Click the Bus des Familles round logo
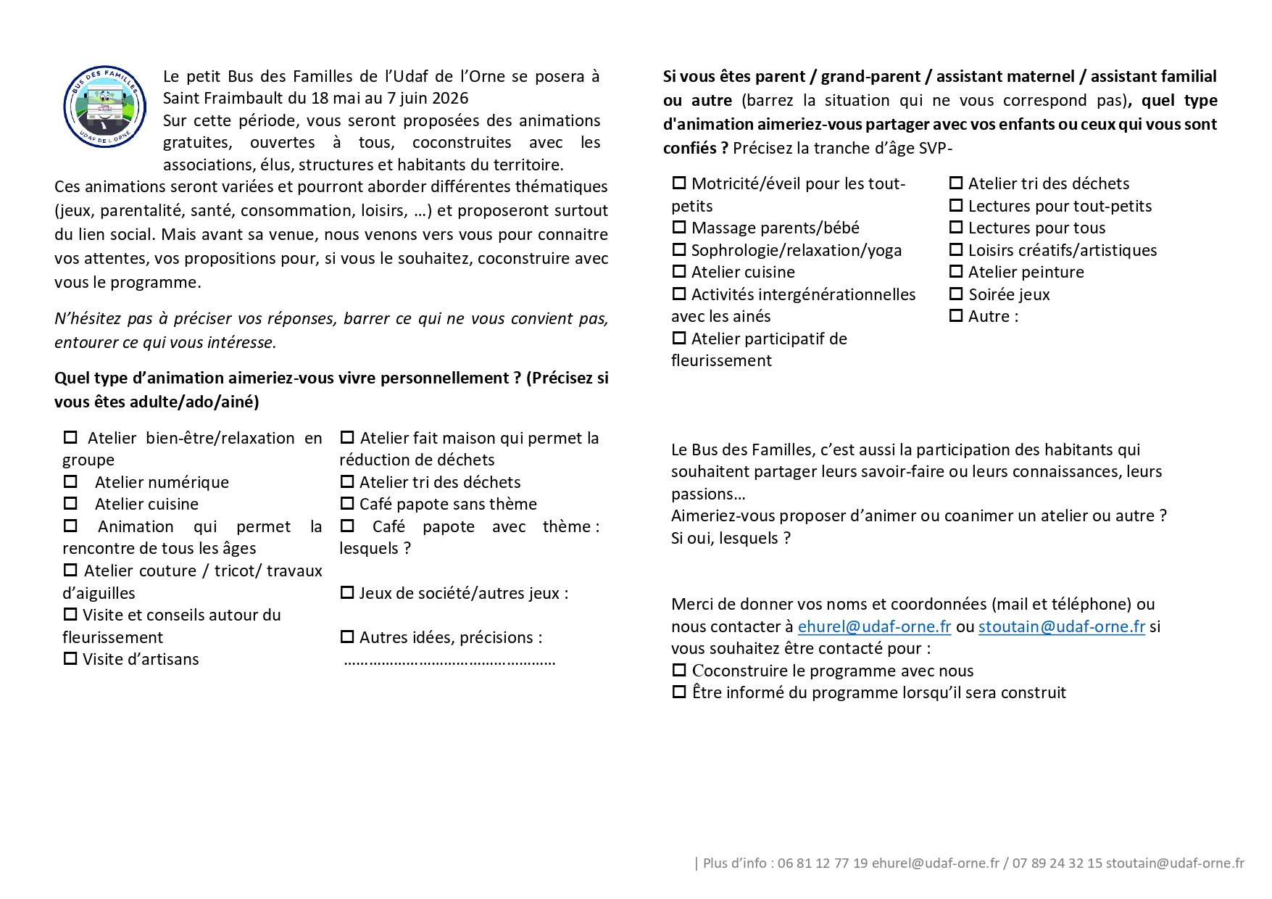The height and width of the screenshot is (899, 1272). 104,107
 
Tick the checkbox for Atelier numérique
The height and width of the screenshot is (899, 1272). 70,482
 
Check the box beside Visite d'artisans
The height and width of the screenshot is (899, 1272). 70,659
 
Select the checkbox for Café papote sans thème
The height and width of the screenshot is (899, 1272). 347,504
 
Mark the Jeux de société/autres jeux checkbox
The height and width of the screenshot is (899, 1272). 347,593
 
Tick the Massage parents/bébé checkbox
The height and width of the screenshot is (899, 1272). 679,228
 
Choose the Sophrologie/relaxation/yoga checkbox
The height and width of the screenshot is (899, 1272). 679,250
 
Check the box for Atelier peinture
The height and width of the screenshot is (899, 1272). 956,272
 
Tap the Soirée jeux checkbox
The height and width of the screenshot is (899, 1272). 956,294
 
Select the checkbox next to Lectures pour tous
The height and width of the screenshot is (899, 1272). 956,228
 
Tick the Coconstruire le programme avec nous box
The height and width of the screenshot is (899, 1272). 679,671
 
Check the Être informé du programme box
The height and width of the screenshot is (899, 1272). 679,692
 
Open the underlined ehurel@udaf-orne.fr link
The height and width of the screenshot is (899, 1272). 874,626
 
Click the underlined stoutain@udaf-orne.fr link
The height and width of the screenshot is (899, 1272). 1061,626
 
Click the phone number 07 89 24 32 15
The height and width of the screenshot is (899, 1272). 1057,863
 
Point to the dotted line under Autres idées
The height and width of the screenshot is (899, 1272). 449,661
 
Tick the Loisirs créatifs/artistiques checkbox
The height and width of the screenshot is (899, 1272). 956,250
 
